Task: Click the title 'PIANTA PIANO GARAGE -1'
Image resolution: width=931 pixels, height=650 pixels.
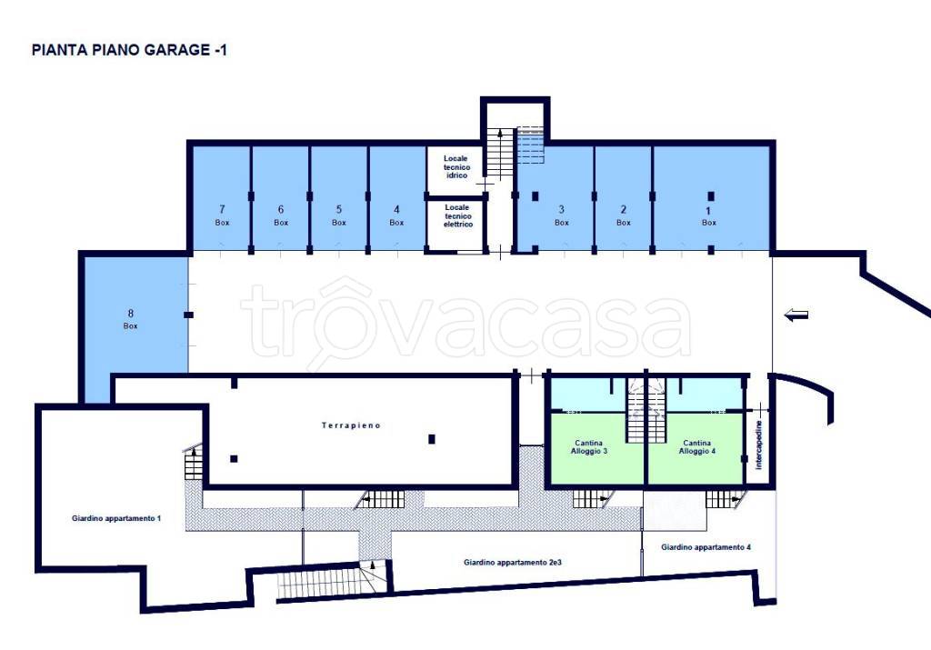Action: click(x=129, y=50)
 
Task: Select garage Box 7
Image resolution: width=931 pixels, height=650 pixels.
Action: click(x=221, y=198)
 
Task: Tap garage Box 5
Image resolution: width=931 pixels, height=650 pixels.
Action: click(x=338, y=198)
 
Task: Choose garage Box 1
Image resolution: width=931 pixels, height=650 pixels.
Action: click(x=711, y=198)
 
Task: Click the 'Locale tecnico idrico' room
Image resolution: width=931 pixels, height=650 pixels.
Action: click(x=456, y=170)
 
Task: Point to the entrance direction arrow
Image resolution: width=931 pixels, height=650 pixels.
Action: click(x=796, y=315)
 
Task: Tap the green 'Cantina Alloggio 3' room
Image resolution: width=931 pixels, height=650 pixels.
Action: click(x=596, y=448)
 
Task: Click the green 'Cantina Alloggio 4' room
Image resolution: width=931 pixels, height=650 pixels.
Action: click(x=696, y=448)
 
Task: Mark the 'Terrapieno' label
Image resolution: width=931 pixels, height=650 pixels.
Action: click(x=351, y=425)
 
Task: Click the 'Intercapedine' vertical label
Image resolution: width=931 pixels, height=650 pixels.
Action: click(x=759, y=445)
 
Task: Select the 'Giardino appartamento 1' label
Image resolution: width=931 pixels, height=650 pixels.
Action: click(x=116, y=518)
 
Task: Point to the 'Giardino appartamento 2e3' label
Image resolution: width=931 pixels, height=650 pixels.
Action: click(x=513, y=562)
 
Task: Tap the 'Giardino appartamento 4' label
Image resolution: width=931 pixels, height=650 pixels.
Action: click(x=706, y=546)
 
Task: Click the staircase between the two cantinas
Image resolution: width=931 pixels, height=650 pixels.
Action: click(x=645, y=410)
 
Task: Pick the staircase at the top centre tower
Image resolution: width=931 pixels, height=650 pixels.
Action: click(x=501, y=153)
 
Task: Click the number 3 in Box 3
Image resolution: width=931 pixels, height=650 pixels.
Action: click(x=561, y=209)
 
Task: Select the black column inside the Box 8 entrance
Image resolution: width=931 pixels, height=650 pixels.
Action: click(x=188, y=315)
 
